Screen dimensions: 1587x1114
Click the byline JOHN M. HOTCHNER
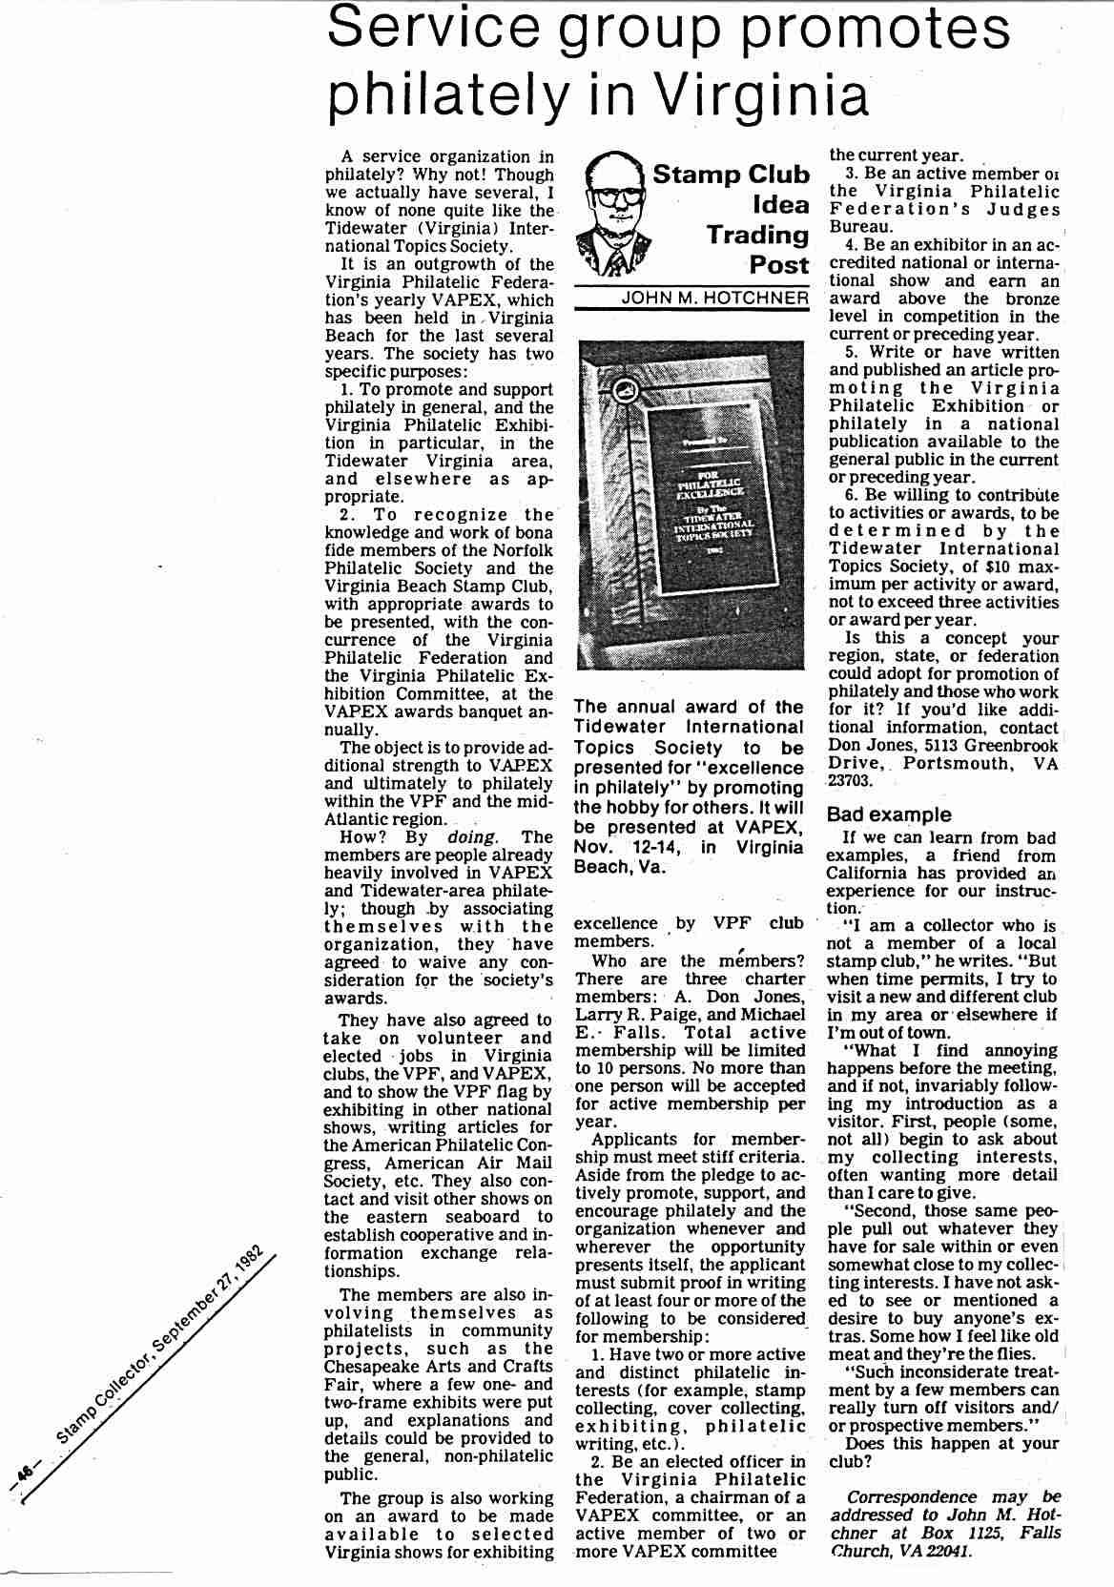714,298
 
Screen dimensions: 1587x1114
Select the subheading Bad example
889,814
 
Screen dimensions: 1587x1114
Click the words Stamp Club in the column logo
730,175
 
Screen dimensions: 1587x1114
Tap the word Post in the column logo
778,264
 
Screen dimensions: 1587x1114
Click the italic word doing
471,837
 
